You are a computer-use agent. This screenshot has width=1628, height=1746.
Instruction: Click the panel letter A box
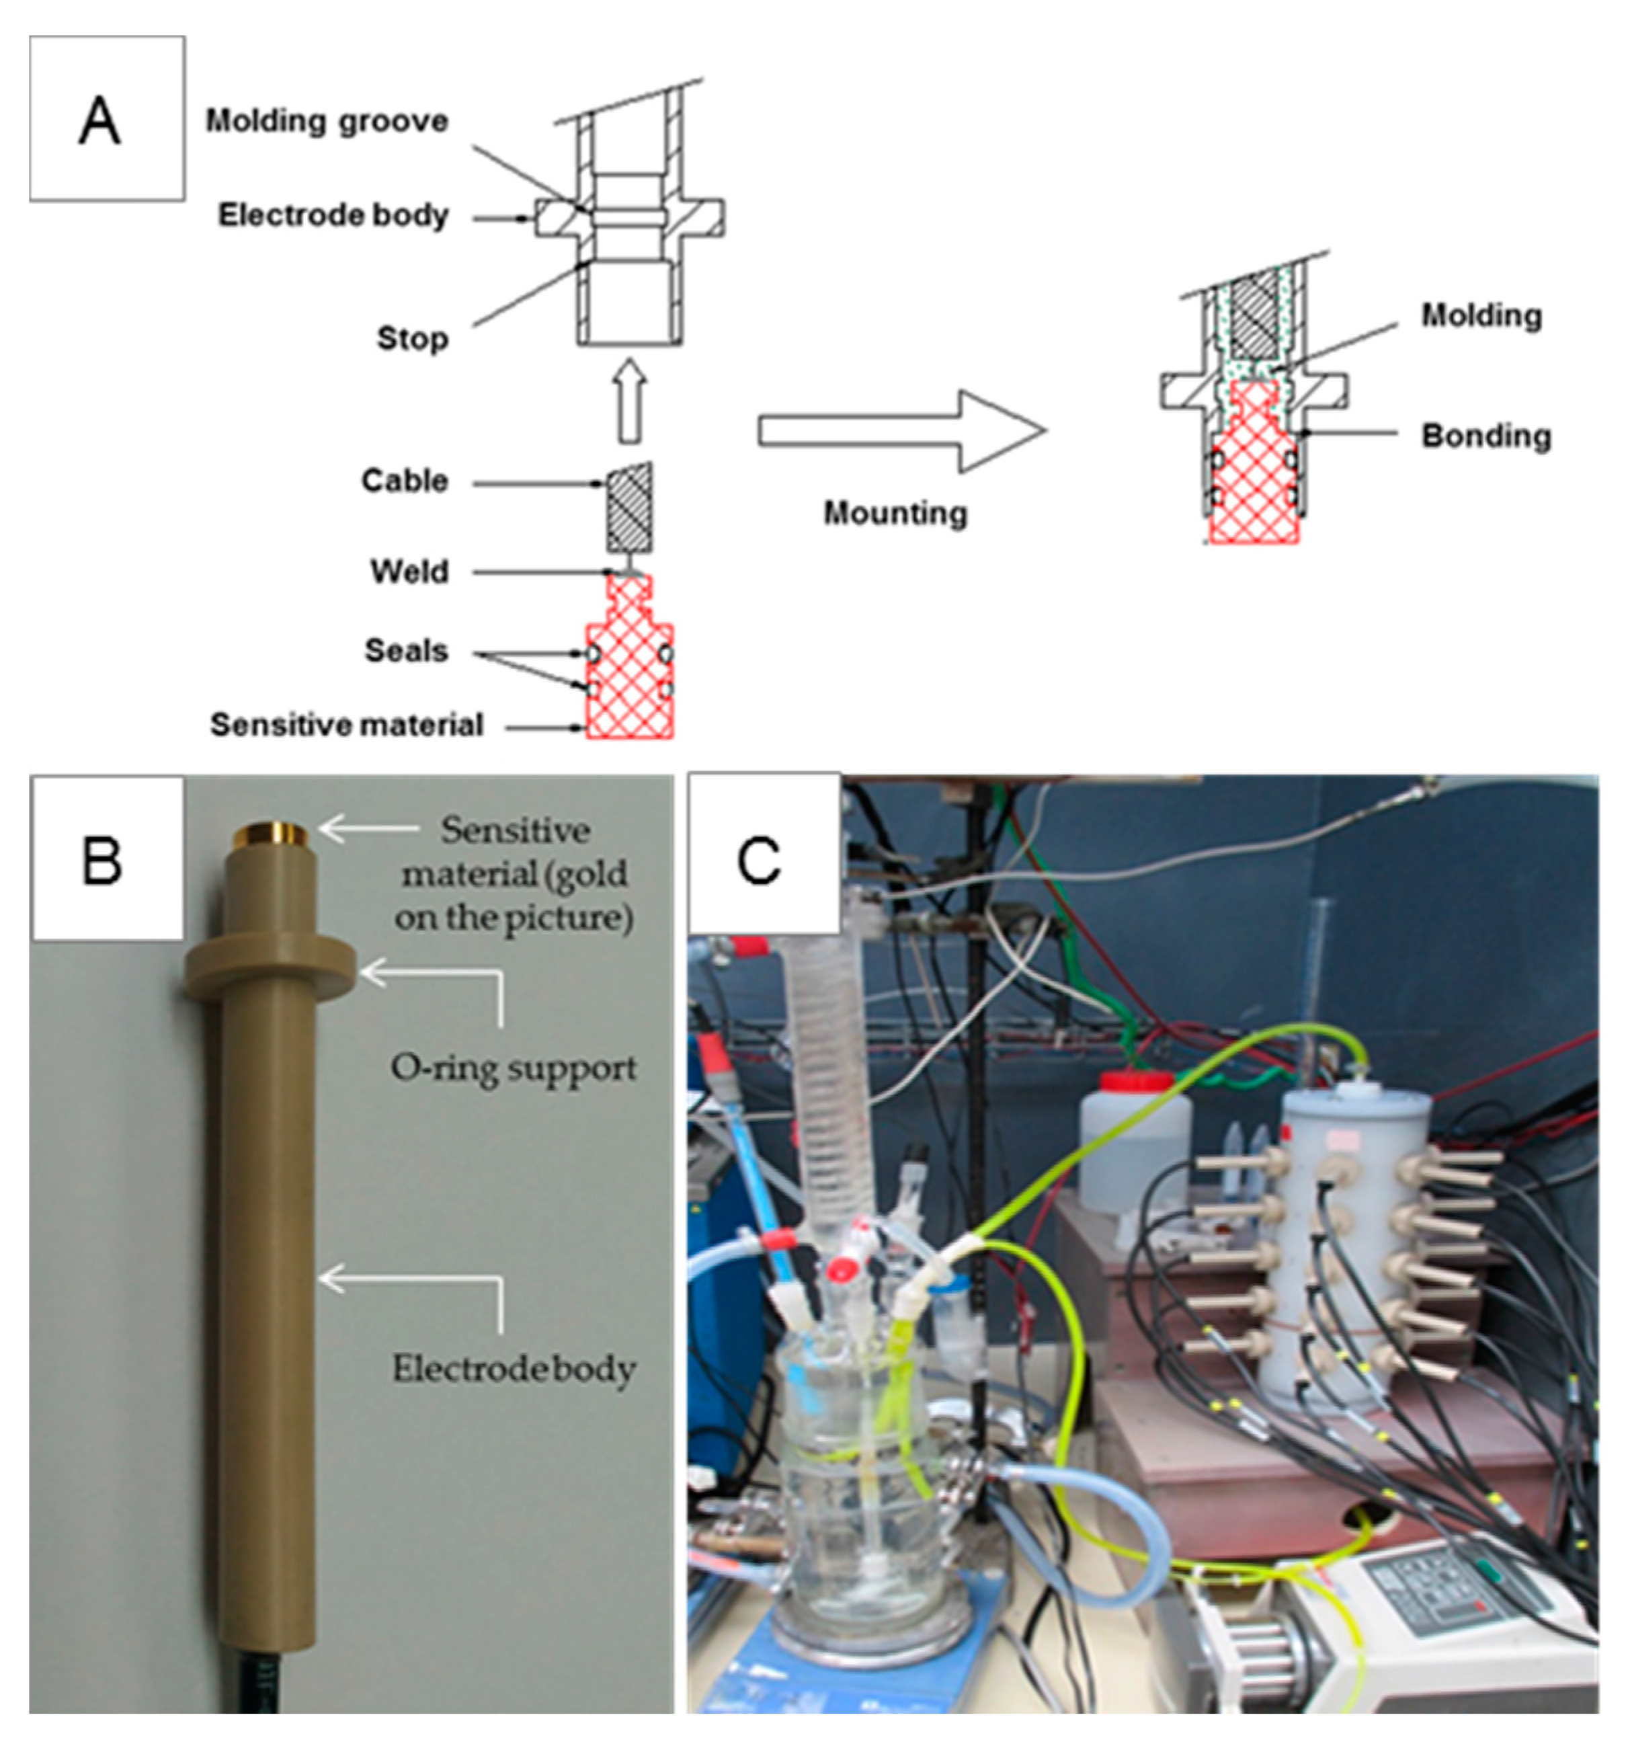tap(106, 118)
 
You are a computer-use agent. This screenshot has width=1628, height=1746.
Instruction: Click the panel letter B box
tap(106, 858)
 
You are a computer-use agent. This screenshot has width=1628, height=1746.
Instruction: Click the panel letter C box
tap(762, 854)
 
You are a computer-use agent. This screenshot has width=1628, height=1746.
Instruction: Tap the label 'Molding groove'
tap(327, 121)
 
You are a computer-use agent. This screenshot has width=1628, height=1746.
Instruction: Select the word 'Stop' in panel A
tap(412, 338)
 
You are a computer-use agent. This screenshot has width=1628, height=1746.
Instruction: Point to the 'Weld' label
tap(409, 571)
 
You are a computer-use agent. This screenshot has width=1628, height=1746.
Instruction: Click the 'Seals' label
tap(406, 651)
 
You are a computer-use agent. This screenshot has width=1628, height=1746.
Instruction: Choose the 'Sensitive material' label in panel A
tap(346, 725)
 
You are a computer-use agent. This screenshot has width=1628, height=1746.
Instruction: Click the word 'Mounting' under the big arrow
tap(894, 513)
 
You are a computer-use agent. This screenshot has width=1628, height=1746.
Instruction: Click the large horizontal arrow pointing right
tap(900, 431)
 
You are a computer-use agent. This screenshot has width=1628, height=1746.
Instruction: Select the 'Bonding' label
tap(1485, 436)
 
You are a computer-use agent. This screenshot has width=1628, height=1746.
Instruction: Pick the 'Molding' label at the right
tap(1481, 315)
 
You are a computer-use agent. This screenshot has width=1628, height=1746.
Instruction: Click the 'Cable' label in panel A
tap(404, 481)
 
